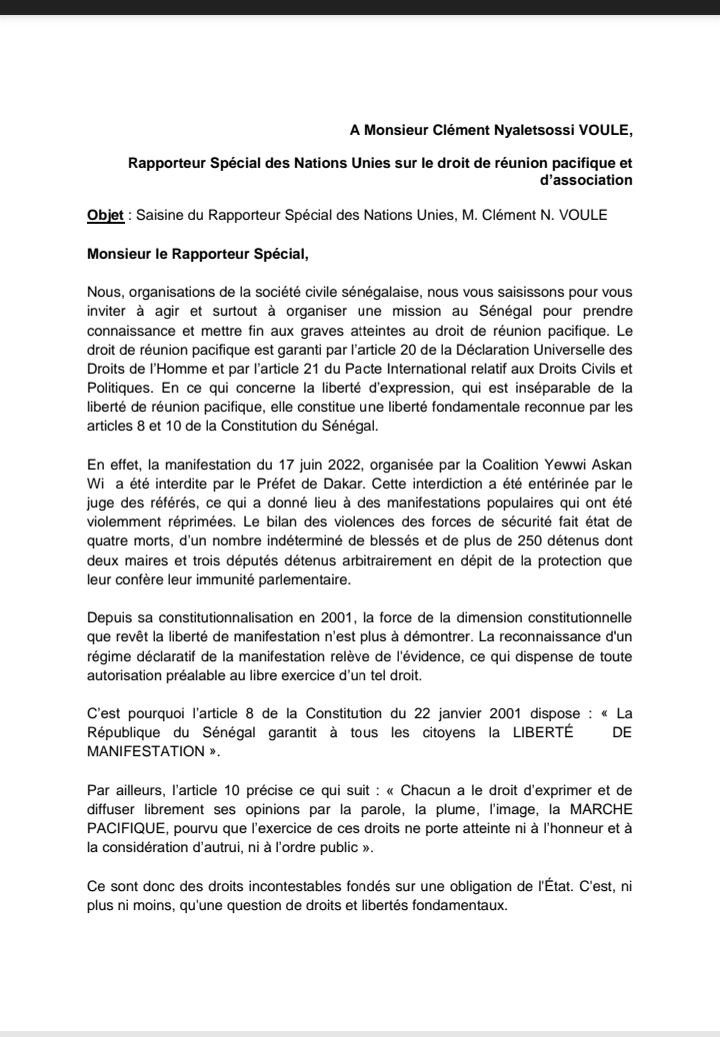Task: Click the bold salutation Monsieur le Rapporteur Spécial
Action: click(x=205, y=253)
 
